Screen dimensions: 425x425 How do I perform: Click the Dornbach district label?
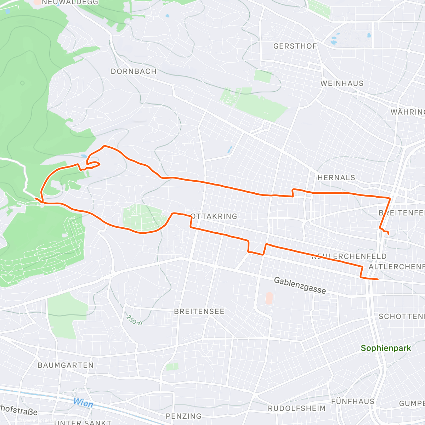click(134, 71)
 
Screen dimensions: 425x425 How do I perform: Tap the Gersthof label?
click(295, 46)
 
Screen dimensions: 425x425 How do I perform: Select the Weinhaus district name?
click(342, 83)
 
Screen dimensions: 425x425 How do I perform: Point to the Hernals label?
click(336, 177)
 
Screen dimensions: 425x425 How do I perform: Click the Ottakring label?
click(214, 216)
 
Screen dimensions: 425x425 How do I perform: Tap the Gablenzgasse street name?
click(300, 285)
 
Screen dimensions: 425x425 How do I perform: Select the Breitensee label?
click(199, 311)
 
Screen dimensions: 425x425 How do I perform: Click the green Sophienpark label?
click(386, 348)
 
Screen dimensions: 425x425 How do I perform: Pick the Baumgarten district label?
click(66, 365)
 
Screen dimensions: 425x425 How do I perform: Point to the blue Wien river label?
click(83, 403)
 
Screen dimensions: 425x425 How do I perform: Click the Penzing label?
click(183, 416)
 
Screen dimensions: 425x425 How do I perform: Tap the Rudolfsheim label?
click(296, 408)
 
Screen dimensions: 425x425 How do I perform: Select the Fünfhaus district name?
click(352, 401)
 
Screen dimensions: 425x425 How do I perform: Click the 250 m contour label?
click(134, 319)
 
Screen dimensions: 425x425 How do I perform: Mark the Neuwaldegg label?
click(70, 2)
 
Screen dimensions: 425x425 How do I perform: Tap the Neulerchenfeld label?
click(349, 256)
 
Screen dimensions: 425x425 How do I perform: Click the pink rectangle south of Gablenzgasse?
click(269, 298)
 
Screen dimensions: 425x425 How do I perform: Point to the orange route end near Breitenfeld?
click(389, 233)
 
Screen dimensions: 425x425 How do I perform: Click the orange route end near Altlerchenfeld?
click(378, 279)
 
